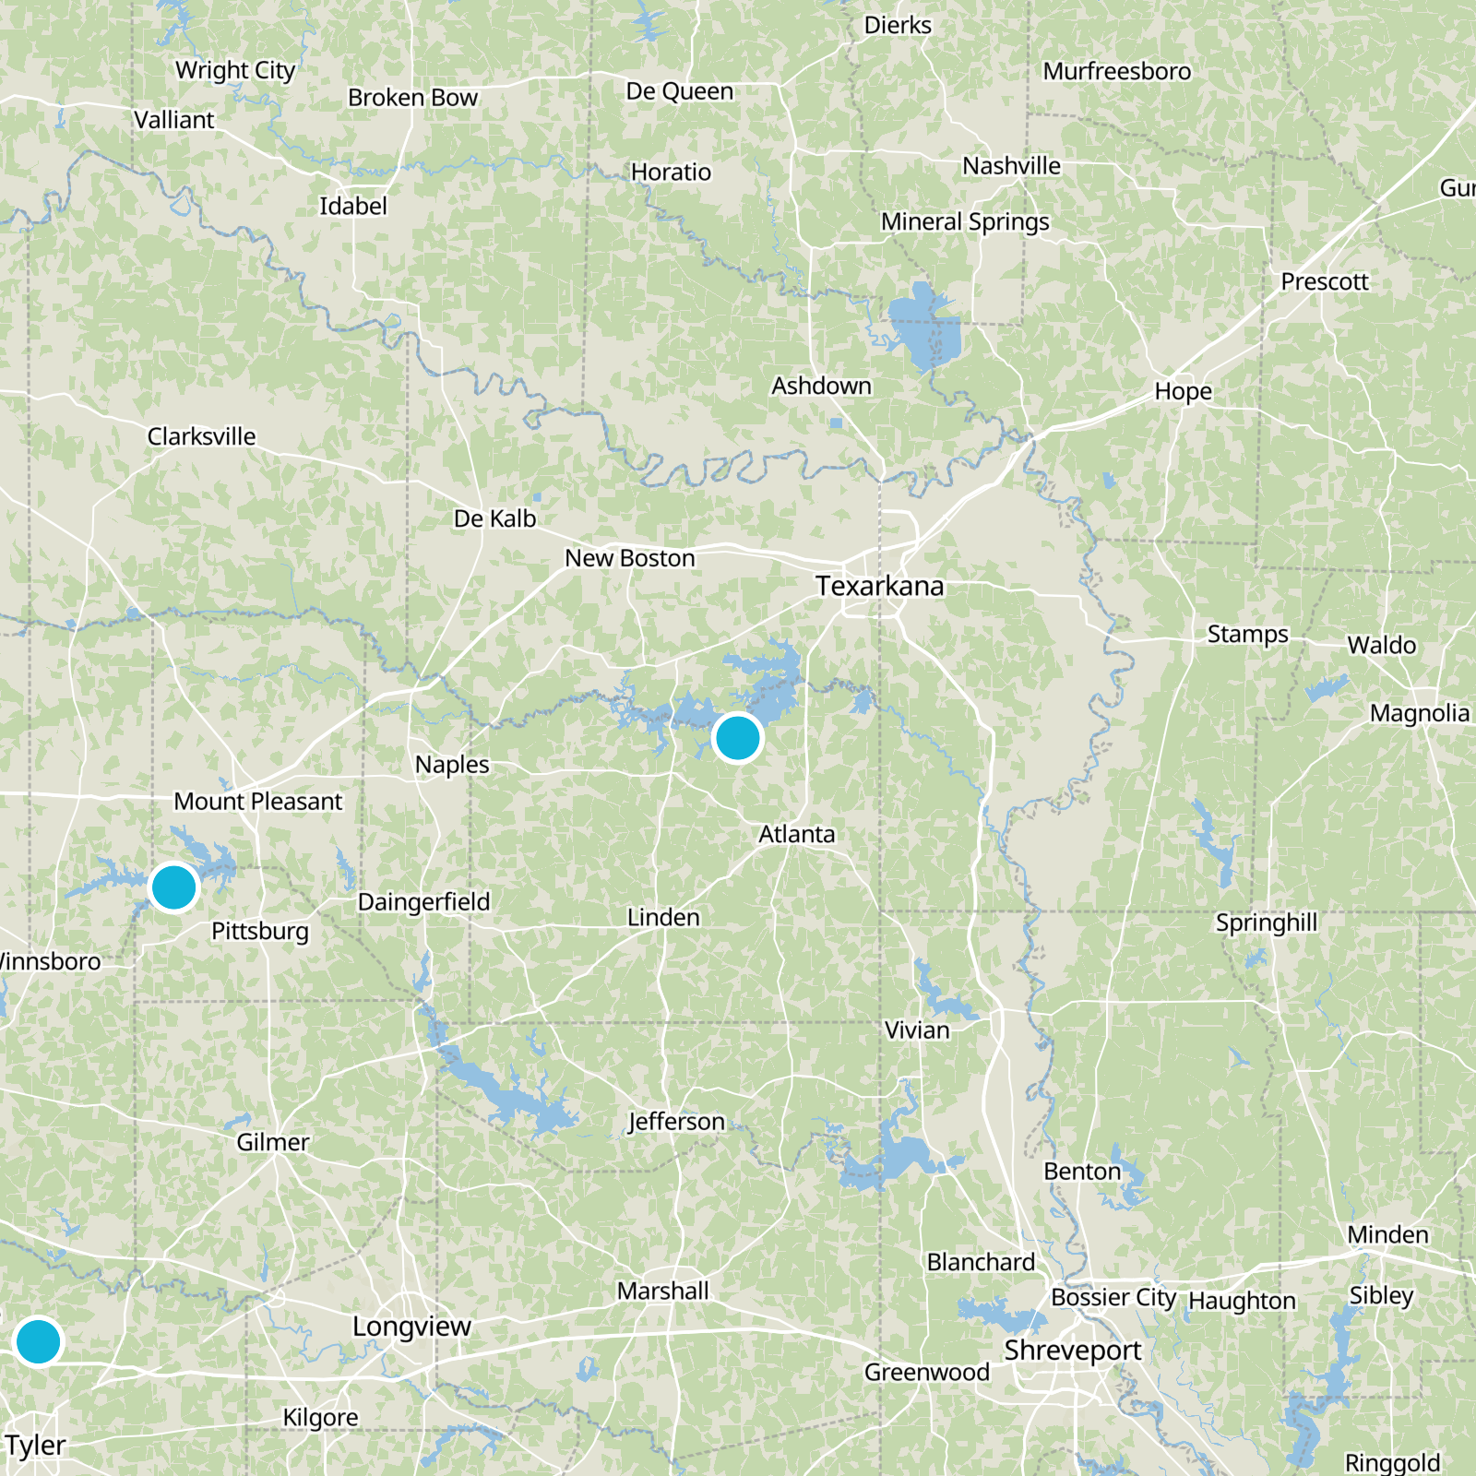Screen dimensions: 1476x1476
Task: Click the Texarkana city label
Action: pos(879,587)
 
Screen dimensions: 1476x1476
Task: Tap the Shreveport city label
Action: pos(1072,1351)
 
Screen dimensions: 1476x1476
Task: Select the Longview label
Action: pos(411,1327)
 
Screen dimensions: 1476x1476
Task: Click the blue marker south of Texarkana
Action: pos(737,738)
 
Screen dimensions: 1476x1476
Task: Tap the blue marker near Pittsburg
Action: pos(173,887)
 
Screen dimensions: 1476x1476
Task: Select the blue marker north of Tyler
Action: pos(39,1340)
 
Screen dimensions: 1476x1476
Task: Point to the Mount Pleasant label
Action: pos(257,802)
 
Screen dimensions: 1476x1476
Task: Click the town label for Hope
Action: pos(1183,391)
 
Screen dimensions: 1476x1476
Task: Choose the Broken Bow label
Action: pos(412,98)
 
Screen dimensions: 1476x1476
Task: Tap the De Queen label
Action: pos(679,91)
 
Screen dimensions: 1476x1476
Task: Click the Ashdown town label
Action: pos(821,386)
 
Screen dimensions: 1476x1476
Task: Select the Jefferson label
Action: pos(676,1122)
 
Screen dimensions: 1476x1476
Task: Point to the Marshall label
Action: pos(662,1291)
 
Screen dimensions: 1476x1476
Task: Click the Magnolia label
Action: pos(1419,713)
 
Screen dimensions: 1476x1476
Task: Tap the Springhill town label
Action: pos(1266,922)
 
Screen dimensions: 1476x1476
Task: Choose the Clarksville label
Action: pos(201,436)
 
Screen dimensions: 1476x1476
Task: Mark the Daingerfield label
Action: pos(423,901)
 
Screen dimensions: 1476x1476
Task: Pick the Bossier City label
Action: pos(1113,1298)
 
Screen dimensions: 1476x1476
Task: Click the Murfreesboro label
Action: pos(1116,71)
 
